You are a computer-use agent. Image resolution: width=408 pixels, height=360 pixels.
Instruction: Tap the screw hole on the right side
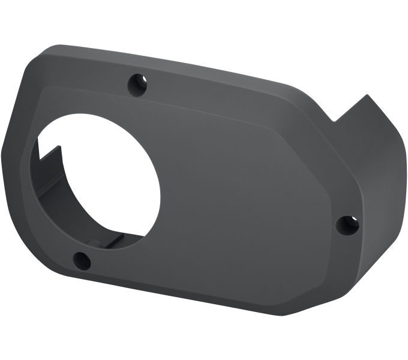(347, 225)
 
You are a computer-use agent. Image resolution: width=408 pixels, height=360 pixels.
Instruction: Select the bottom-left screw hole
(81, 260)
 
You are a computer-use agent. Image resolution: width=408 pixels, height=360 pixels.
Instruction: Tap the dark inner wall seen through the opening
(60, 180)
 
